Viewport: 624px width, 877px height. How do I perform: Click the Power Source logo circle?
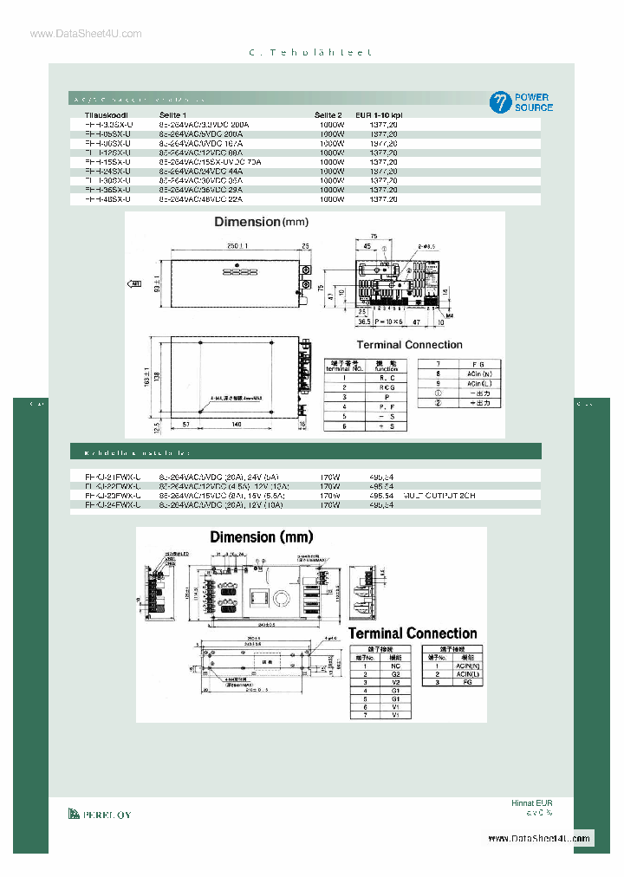pos(500,102)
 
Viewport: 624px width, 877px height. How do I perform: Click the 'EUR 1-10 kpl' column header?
pos(380,114)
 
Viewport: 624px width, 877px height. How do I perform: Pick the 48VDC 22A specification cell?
pos(203,199)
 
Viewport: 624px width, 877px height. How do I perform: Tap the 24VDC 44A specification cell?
pos(203,171)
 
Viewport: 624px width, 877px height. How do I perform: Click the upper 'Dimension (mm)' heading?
pos(260,222)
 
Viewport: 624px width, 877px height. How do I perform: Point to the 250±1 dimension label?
pos(237,246)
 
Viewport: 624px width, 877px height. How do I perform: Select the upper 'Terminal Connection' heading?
pos(410,345)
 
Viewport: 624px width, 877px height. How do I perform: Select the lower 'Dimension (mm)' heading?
pos(255,537)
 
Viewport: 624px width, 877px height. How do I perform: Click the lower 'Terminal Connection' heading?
pos(413,633)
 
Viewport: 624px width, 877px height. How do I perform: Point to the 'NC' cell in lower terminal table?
pos(394,666)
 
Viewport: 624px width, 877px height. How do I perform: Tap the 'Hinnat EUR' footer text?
pos(531,803)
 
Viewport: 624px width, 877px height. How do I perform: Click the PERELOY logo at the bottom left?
pos(100,814)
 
